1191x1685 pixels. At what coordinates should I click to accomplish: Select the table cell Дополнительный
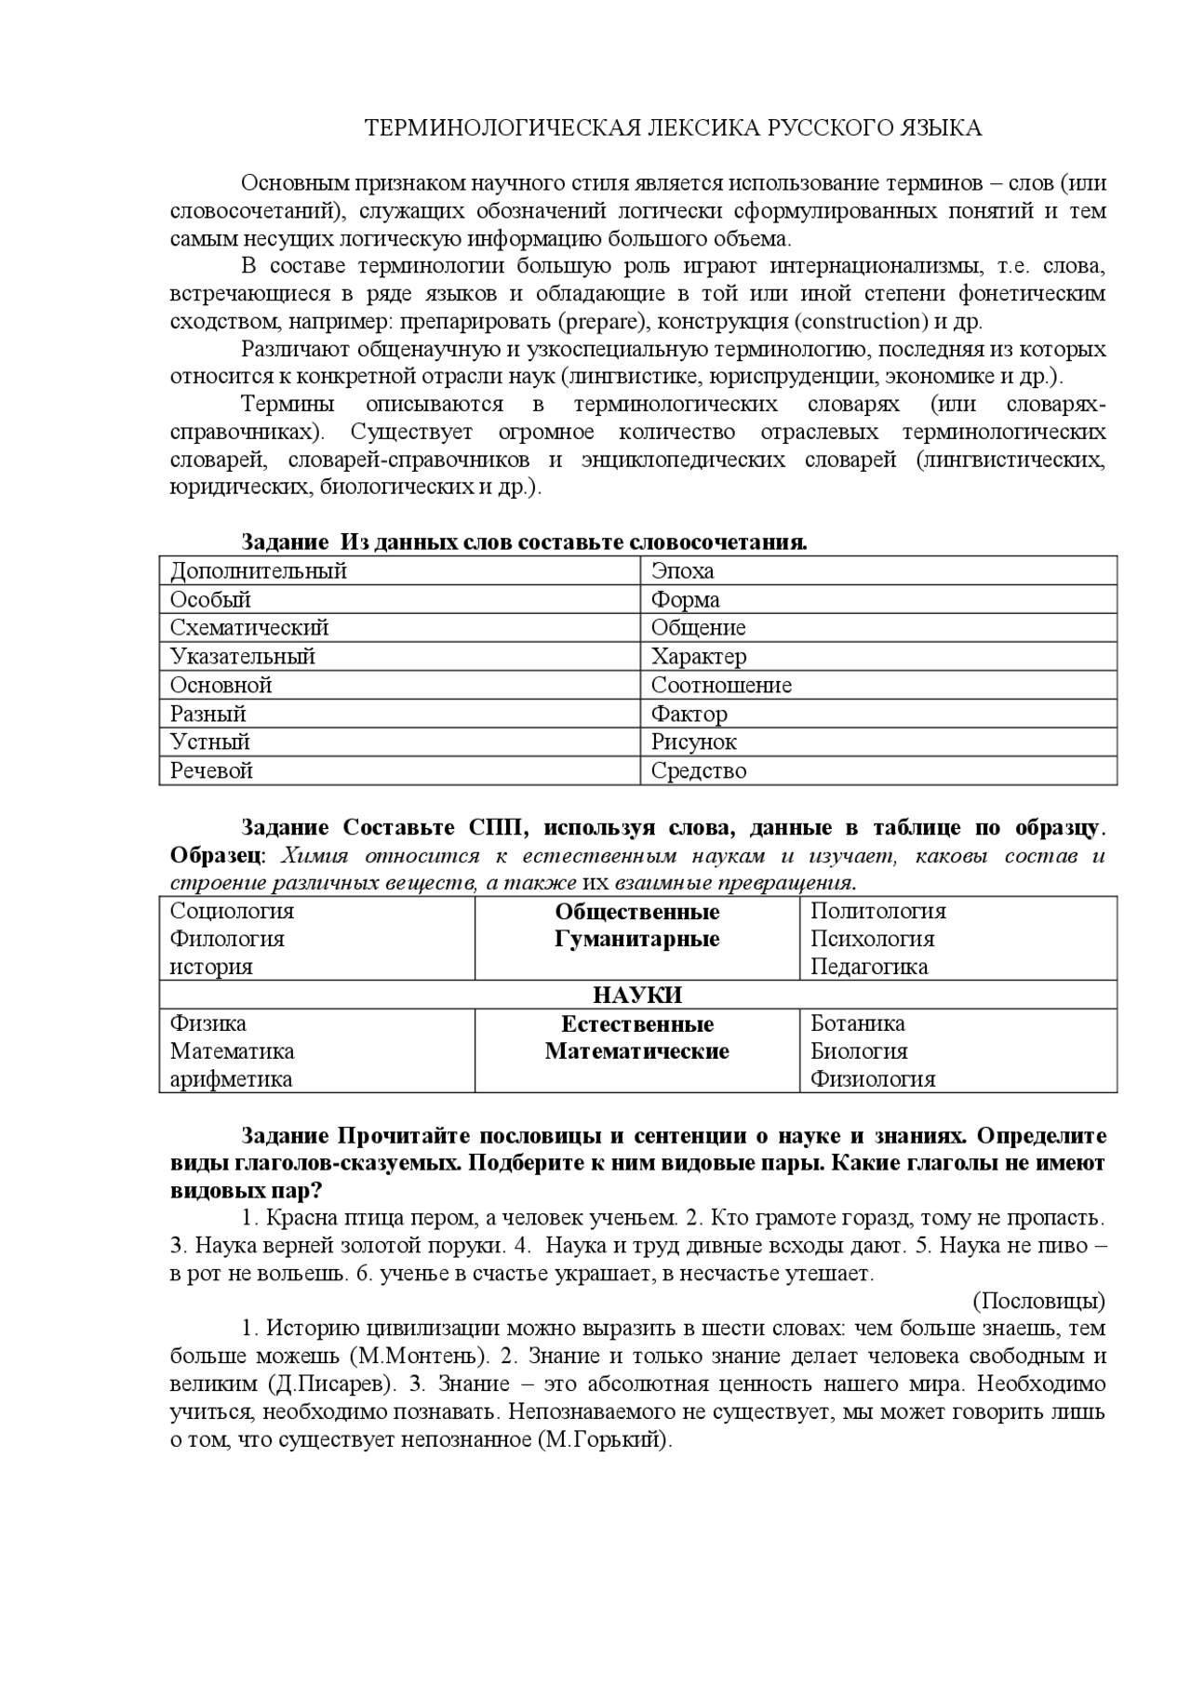click(x=259, y=570)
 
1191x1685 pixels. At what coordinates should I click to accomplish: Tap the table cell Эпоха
click(x=682, y=570)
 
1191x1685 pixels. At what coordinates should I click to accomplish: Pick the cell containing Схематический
click(x=249, y=628)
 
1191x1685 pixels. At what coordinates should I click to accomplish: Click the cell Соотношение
click(x=721, y=686)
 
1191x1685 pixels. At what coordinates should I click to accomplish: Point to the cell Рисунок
click(x=693, y=742)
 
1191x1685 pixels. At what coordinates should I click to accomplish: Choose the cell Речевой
click(x=211, y=771)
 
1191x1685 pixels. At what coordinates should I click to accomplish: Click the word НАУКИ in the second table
click(x=637, y=996)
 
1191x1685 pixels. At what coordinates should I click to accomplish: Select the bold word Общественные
click(x=637, y=912)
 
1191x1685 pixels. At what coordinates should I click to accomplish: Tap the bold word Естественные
click(x=637, y=1024)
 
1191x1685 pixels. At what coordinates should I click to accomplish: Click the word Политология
click(x=877, y=912)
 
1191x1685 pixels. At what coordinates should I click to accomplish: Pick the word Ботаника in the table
click(x=857, y=1023)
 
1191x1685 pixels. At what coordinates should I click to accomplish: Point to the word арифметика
click(x=231, y=1079)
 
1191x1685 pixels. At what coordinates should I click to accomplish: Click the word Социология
click(x=232, y=912)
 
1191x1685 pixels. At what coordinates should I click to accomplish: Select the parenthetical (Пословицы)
click(x=1039, y=1301)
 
